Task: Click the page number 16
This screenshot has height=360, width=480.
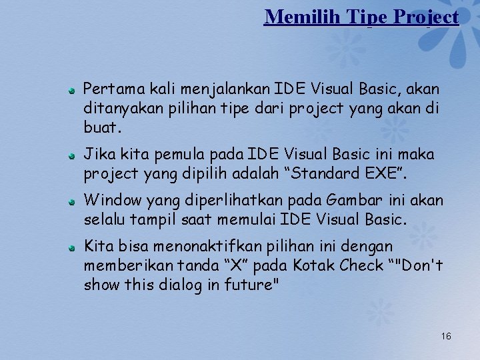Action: coord(445,336)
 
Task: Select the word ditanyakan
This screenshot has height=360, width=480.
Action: coord(116,107)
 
